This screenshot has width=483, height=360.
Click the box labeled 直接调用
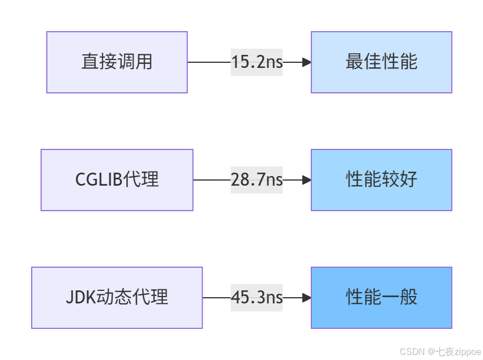coord(117,62)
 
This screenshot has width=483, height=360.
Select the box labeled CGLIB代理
coord(117,180)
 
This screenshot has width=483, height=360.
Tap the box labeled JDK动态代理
coord(117,298)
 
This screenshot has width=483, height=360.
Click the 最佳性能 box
coord(381,62)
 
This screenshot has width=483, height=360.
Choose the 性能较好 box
coord(381,180)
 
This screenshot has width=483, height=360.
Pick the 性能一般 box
coord(381,298)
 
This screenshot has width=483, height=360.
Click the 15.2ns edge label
coord(257,62)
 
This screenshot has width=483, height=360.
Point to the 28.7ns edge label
coord(257,180)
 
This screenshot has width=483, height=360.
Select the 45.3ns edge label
coord(257,298)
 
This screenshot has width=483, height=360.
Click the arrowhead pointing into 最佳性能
coord(306,62)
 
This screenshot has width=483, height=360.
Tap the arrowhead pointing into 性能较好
coord(306,180)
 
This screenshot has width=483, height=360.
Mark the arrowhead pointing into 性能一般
coord(306,298)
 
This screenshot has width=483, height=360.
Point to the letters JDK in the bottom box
coord(79,298)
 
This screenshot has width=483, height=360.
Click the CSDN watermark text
coord(412,352)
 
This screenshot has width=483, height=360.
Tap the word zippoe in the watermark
coord(467,352)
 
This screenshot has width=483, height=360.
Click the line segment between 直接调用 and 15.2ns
coord(208,62)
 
